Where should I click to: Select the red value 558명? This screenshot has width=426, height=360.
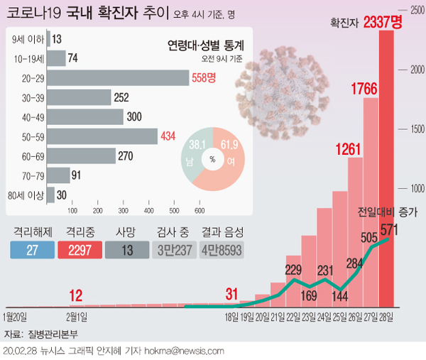pyautogui.click(x=203, y=78)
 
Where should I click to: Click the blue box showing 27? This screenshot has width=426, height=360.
pyautogui.click(x=32, y=250)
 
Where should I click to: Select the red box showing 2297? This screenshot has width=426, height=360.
pyautogui.click(x=80, y=250)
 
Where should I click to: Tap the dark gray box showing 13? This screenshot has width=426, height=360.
pyautogui.click(x=127, y=250)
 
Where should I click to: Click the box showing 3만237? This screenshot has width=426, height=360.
pyautogui.click(x=175, y=250)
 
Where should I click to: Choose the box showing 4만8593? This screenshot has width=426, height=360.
pyautogui.click(x=222, y=250)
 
